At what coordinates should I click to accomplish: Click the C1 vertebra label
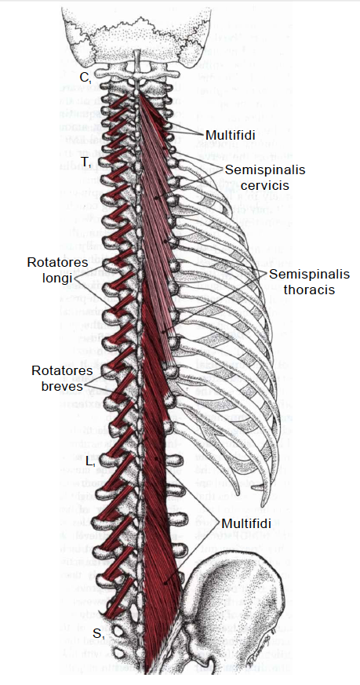[x=85, y=77]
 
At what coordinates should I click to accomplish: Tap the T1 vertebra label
[x=86, y=162]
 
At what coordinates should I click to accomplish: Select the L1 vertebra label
[x=90, y=461]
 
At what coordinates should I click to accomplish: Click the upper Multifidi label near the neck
[x=231, y=135]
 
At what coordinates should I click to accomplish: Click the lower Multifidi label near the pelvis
[x=246, y=522]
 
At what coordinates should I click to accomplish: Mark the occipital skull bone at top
[x=142, y=24]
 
